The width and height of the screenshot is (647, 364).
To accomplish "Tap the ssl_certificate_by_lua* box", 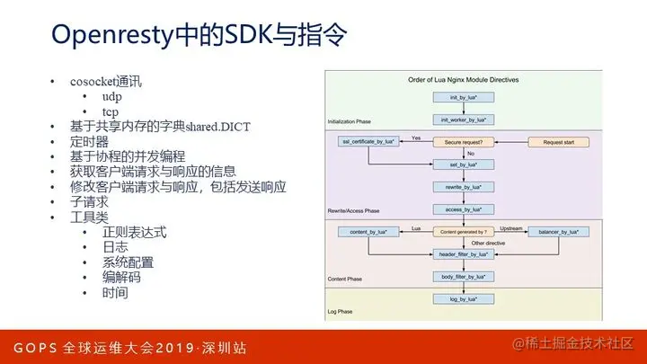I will [366, 142].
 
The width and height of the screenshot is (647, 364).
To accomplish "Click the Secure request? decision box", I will [464, 142].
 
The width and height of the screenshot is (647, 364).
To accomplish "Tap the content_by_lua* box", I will [366, 232].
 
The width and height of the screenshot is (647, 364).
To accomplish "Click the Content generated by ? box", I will [464, 232].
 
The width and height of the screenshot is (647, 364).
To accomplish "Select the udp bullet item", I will [113, 96].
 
